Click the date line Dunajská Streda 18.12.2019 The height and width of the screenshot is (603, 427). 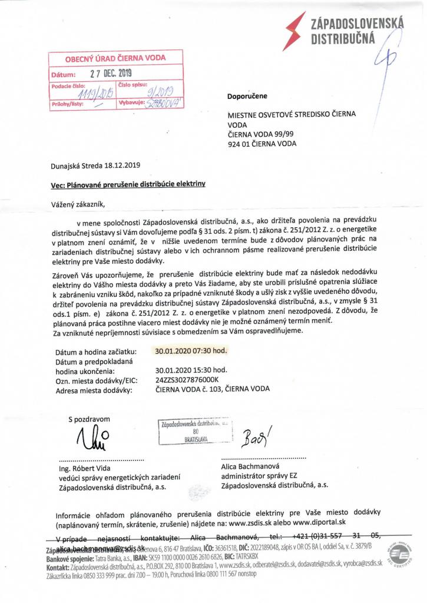(x=95, y=166)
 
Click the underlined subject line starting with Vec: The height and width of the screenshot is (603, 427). (x=128, y=184)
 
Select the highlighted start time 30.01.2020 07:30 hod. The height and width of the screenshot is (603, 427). (x=191, y=351)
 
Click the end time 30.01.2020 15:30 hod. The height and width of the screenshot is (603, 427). (x=191, y=370)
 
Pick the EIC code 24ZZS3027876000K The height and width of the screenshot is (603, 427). (x=187, y=380)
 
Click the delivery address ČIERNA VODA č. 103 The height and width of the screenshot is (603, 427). (x=212, y=389)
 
